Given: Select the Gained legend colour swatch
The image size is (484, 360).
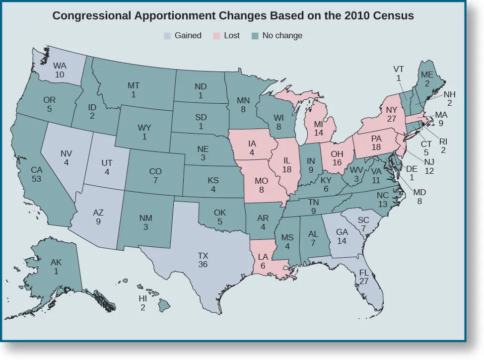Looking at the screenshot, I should click(168, 36).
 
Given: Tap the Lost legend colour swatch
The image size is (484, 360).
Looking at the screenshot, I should click(217, 36).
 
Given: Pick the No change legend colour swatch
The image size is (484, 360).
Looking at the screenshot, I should click(255, 36).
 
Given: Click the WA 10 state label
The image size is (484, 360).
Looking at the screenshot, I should click(59, 70).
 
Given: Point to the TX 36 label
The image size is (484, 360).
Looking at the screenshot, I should click(203, 260).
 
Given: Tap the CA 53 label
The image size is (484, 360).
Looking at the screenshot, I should click(36, 174).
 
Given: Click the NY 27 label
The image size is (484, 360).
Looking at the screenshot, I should click(391, 115).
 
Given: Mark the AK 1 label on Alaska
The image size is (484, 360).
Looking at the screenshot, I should click(56, 267).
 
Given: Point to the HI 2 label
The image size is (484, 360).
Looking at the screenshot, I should click(143, 303).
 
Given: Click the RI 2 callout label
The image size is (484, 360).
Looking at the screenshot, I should click(443, 145).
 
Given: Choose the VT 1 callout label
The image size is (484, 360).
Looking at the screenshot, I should click(398, 73).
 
